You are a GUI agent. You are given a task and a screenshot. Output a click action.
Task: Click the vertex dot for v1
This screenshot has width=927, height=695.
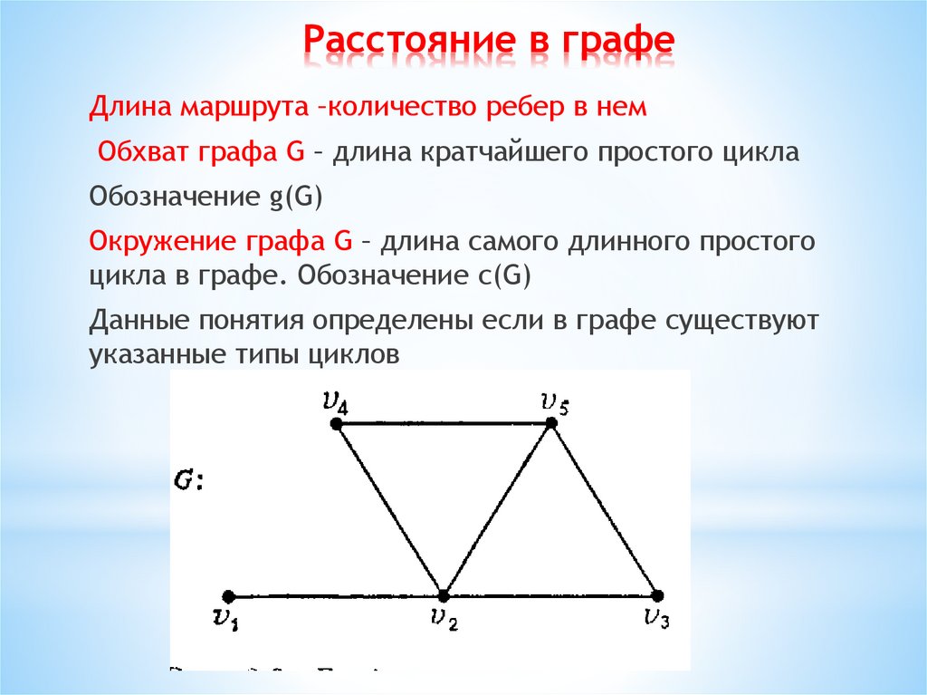pos(229,596)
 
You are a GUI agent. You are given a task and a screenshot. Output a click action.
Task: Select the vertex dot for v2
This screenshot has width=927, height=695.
pos(444,595)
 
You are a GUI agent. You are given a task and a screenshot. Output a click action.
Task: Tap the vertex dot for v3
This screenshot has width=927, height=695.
pos(658,595)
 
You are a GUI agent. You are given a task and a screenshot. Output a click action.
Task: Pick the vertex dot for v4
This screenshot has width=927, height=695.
pos(337,423)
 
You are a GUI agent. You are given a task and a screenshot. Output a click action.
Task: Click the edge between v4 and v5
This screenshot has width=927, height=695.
pos(444,423)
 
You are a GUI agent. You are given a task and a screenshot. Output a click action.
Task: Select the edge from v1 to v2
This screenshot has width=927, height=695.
pos(336,596)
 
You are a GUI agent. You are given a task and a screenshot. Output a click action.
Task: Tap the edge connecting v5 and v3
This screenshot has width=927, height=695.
pos(605,509)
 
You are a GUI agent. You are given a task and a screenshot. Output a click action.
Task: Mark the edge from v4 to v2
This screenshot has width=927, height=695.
pos(390,509)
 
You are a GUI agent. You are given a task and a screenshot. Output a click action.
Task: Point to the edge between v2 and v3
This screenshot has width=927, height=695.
pos(550,596)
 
